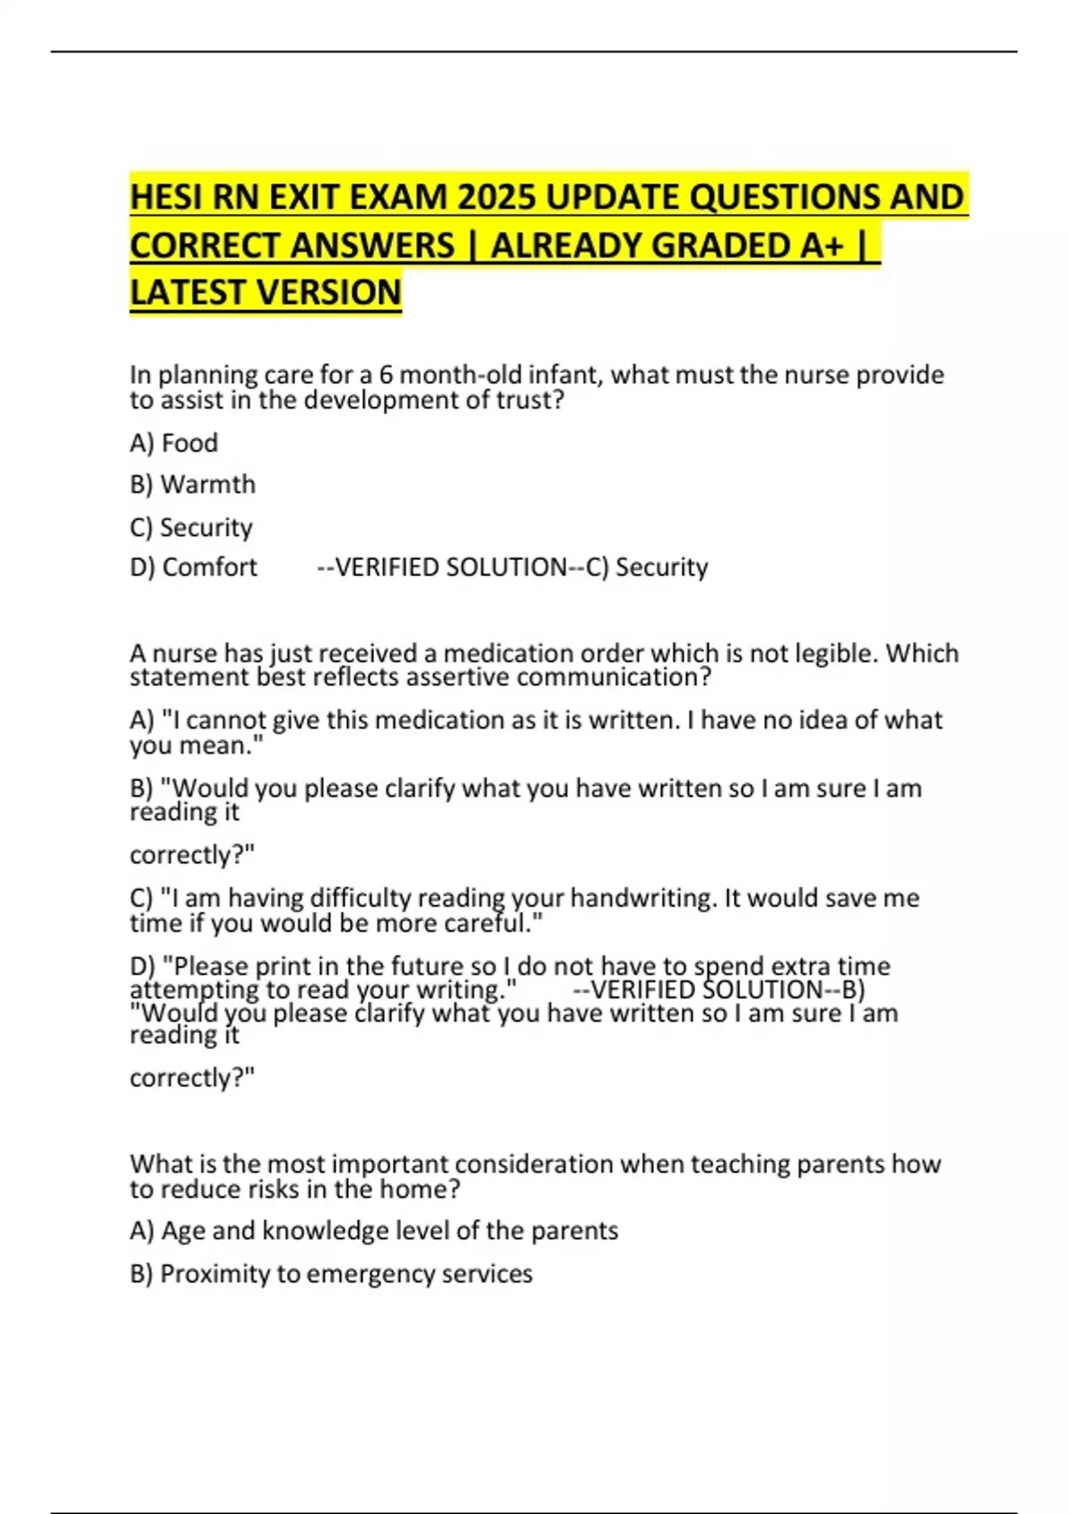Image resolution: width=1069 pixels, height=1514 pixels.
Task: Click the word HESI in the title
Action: tap(167, 197)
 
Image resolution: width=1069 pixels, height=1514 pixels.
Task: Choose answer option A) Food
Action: tap(174, 443)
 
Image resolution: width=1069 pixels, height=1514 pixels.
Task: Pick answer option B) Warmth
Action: tap(192, 484)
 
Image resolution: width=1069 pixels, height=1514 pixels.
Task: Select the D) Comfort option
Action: tap(193, 567)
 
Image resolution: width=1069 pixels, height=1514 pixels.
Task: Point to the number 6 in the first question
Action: tap(386, 375)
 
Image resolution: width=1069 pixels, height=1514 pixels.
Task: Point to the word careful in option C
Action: tap(493, 924)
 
